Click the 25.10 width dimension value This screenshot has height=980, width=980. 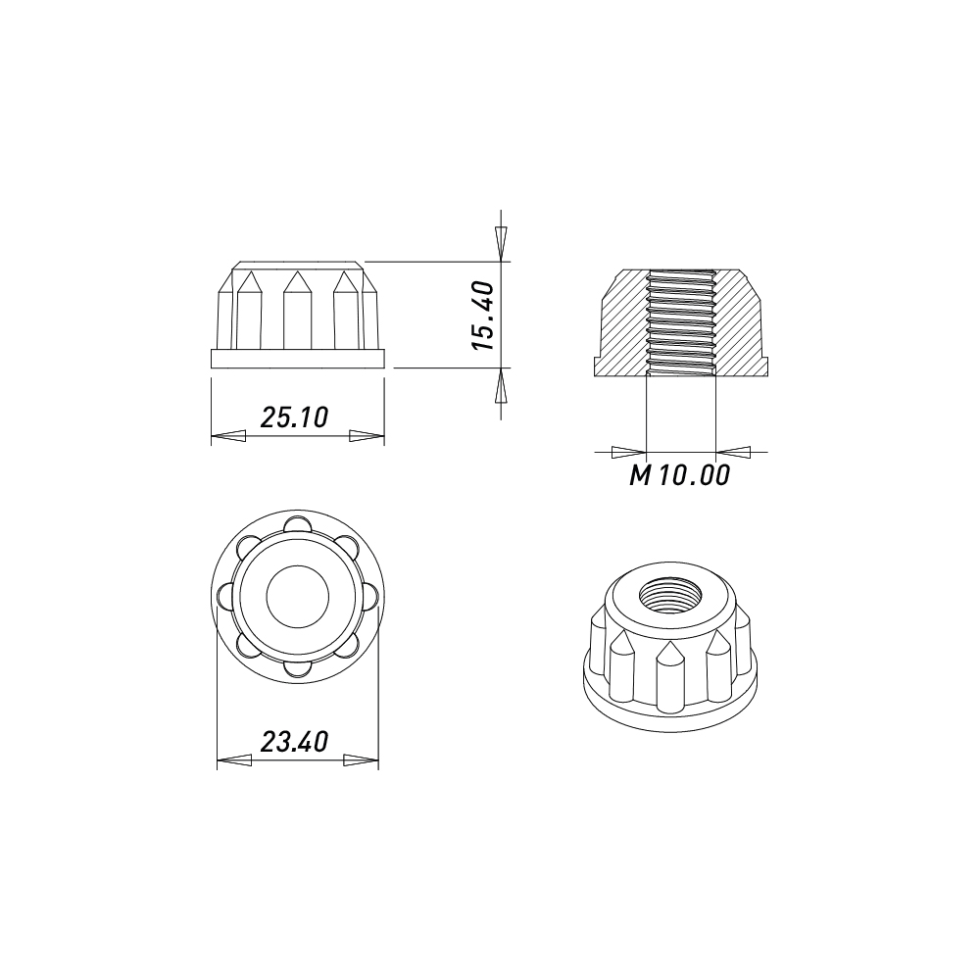[294, 416]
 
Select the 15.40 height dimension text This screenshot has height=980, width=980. [484, 315]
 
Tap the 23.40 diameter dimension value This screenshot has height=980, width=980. [294, 742]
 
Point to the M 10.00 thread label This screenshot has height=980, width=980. [679, 475]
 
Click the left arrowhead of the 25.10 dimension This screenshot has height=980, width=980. [228, 436]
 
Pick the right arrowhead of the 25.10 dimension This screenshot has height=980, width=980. [367, 436]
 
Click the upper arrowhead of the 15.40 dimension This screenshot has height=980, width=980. [501, 243]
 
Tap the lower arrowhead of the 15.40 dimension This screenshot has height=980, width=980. [501, 385]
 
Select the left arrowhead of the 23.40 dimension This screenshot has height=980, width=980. [234, 760]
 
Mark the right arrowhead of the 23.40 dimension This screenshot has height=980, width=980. [362, 760]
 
